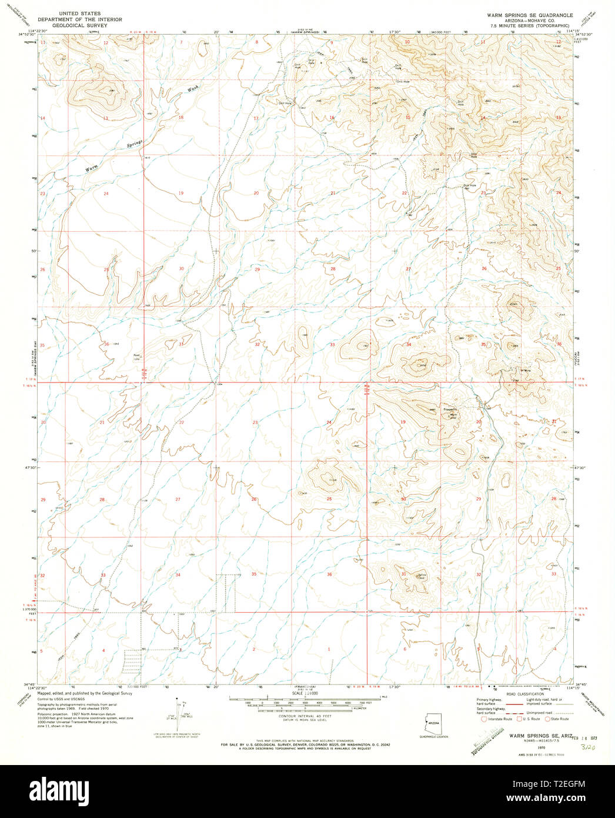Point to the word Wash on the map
point(193,89)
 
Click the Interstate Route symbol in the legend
point(483,719)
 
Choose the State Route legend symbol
point(548,719)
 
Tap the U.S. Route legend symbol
point(518,719)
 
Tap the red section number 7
point(181,42)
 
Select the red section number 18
point(181,118)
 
